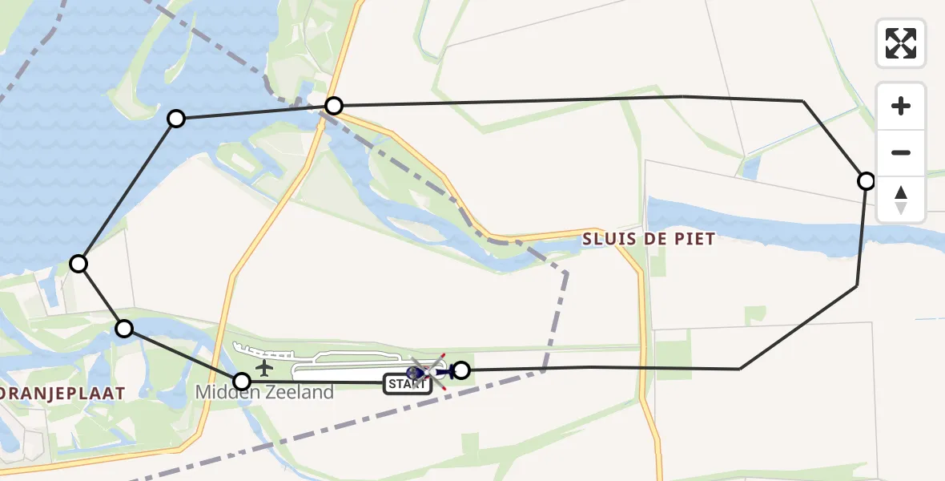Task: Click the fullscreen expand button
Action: (x=901, y=43)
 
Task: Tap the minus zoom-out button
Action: (x=901, y=153)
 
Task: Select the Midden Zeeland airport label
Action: (x=264, y=393)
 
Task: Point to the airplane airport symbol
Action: (x=263, y=369)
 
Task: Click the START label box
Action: (x=408, y=384)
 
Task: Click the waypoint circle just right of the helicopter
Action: (x=461, y=370)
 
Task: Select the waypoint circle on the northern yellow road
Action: (x=334, y=106)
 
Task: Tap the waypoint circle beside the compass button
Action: (x=866, y=181)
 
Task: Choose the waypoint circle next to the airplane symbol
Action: (x=241, y=382)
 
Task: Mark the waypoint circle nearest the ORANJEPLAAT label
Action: (x=124, y=328)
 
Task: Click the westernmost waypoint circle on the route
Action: (x=78, y=263)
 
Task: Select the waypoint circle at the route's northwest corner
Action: (x=176, y=119)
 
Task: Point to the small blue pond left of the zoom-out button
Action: (x=750, y=167)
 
